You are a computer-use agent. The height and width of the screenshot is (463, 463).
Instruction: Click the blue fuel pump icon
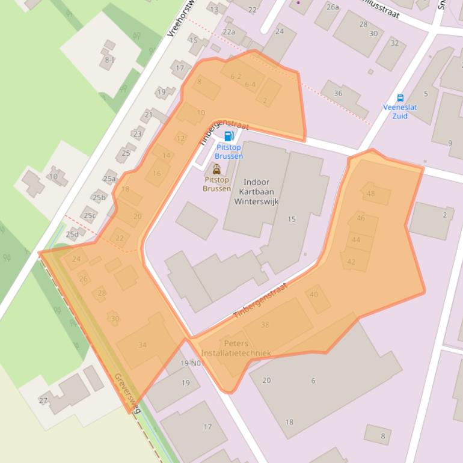click(228, 136)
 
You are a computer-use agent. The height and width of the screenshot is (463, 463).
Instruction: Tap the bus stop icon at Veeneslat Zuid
click(400, 98)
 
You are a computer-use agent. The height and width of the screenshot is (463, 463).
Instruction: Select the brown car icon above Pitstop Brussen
click(216, 170)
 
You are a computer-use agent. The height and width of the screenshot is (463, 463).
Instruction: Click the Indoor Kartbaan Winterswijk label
click(260, 192)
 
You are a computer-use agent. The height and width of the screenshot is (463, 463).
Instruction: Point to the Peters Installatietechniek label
click(236, 348)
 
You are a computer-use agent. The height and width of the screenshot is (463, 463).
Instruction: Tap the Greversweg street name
click(127, 393)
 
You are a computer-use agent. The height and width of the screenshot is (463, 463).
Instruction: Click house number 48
click(371, 194)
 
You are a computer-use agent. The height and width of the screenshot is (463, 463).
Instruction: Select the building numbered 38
click(265, 325)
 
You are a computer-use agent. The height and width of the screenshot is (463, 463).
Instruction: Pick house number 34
click(143, 345)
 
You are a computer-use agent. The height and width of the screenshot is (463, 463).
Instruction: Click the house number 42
click(351, 262)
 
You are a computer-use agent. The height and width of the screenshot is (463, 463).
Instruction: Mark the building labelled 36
click(338, 93)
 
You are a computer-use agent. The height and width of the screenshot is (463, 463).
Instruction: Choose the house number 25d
click(72, 234)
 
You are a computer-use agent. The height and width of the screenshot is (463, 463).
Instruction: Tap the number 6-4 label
click(250, 85)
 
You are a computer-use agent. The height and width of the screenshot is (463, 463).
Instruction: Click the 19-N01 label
click(191, 363)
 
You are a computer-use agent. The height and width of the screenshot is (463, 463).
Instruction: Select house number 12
click(180, 138)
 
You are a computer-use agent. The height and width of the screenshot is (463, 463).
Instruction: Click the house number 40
click(314, 294)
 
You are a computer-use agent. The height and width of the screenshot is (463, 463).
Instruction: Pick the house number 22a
click(228, 32)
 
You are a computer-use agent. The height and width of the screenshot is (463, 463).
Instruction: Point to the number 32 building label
click(394, 43)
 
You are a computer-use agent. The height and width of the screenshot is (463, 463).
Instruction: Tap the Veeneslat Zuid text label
click(400, 111)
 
